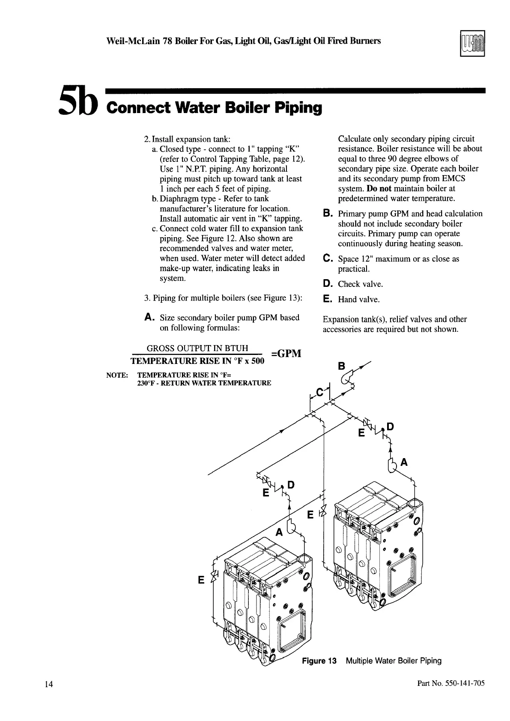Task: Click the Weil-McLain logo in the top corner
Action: (x=472, y=43)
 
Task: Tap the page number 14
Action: (x=48, y=684)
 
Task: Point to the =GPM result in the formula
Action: (x=286, y=354)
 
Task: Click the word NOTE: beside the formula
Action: (x=117, y=375)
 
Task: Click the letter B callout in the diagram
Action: (x=341, y=366)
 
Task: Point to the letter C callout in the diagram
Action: (x=319, y=392)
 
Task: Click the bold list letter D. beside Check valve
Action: (x=328, y=283)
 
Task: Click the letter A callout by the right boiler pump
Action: (x=403, y=462)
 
